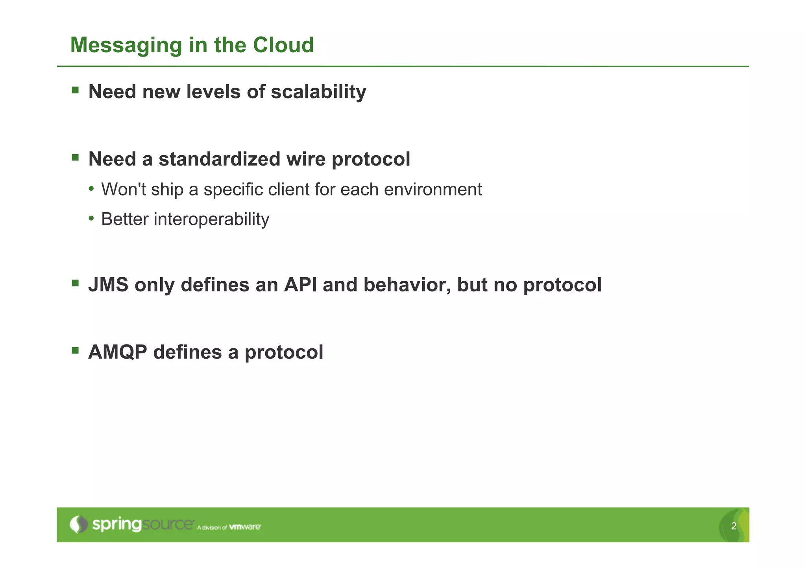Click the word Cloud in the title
(x=283, y=45)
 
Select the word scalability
(x=318, y=92)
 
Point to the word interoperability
(x=211, y=219)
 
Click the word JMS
(x=108, y=285)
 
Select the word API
(x=300, y=285)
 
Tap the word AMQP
(x=118, y=352)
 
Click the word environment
(x=433, y=190)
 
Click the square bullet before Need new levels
(x=75, y=90)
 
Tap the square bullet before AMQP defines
(x=75, y=350)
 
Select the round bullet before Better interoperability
(x=91, y=218)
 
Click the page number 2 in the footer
(x=734, y=526)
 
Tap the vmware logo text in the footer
(x=245, y=527)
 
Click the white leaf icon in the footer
(x=79, y=524)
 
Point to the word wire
(x=306, y=159)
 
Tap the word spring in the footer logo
(x=116, y=525)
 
